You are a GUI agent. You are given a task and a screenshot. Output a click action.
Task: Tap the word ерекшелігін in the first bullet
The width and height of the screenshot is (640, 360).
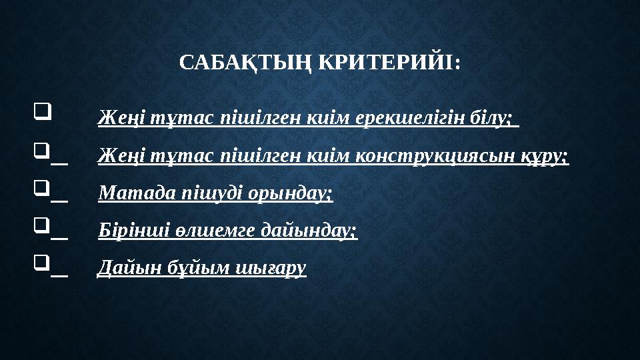pyautogui.click(x=415, y=119)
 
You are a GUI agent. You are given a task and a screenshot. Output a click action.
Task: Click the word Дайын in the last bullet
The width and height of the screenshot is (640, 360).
pyautogui.click(x=122, y=268)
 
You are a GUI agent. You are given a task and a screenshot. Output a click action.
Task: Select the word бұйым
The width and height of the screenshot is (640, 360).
pyautogui.click(x=181, y=268)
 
